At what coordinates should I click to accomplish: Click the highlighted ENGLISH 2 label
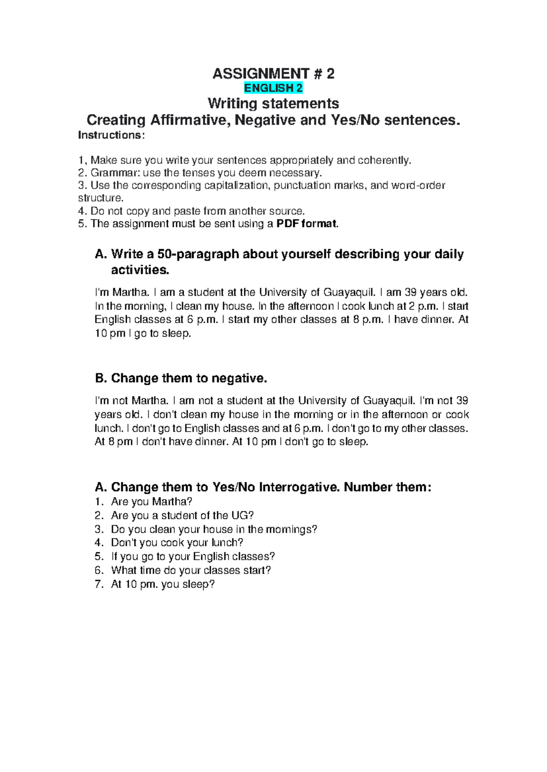273,88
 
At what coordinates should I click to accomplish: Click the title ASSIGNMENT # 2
273,73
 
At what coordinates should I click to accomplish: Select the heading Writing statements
273,103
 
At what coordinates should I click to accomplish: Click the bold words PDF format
307,223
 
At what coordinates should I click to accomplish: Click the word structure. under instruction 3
100,198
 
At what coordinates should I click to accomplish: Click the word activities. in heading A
140,270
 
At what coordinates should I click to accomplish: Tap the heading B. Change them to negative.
181,378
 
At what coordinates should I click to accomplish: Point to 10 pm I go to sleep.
143,333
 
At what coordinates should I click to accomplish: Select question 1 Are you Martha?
151,502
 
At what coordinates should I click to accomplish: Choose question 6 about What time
191,570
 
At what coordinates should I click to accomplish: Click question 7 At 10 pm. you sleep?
162,584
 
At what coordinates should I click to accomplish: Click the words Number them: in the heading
387,487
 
